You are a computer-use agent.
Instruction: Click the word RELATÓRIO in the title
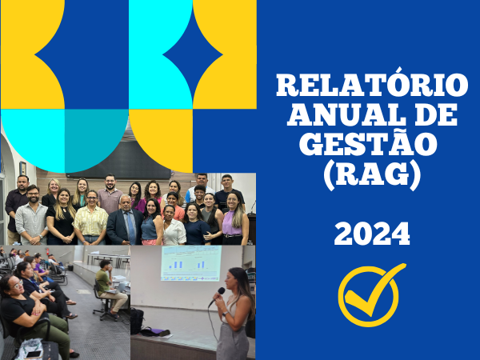click(372, 85)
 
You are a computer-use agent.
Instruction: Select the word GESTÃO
click(368, 143)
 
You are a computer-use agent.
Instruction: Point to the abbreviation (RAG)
click(372, 174)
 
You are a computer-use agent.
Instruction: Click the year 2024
click(372, 234)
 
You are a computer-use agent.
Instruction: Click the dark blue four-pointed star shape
click(193, 55)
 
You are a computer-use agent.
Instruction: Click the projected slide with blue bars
click(191, 263)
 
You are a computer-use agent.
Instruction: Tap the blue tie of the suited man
click(130, 228)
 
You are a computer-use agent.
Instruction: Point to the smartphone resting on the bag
click(34, 354)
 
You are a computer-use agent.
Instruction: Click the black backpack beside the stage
click(137, 321)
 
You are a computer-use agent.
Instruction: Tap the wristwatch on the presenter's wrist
click(226, 314)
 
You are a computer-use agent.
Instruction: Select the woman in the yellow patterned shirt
click(91, 218)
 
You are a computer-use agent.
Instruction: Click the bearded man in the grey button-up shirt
click(31, 215)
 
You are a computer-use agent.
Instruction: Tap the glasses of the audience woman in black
click(18, 284)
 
